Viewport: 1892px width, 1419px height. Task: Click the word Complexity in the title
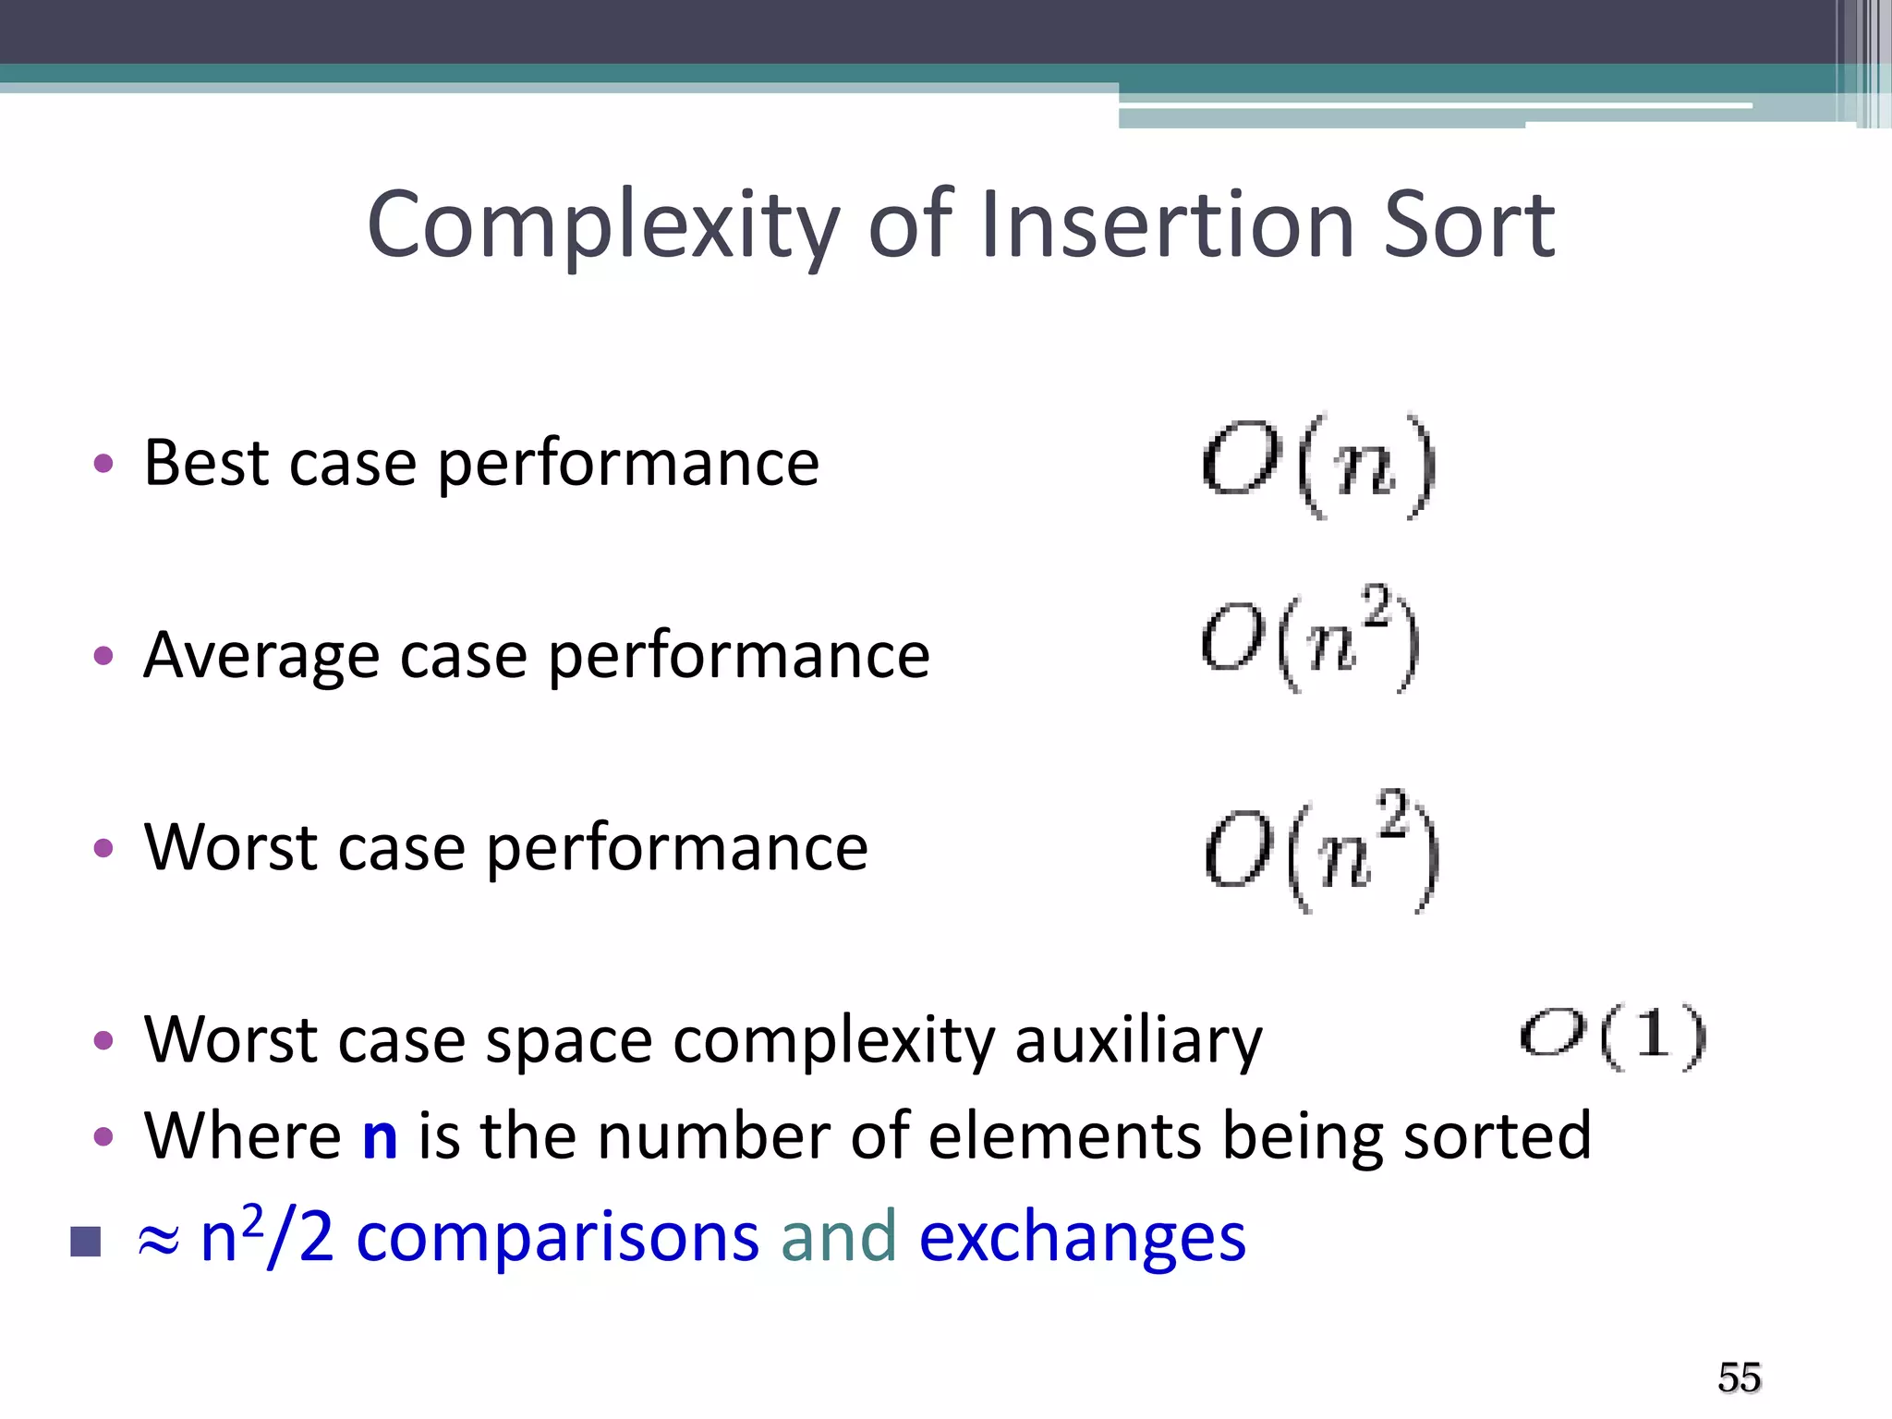(602, 225)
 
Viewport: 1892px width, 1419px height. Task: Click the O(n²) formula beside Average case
(1310, 638)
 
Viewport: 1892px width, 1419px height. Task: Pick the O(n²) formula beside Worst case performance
(1322, 851)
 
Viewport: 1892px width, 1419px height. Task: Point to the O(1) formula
(1613, 1037)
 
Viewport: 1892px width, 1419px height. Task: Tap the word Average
(261, 656)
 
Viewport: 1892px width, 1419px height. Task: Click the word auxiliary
(1138, 1041)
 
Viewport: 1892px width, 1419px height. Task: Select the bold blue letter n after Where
(380, 1137)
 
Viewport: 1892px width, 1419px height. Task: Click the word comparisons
(557, 1238)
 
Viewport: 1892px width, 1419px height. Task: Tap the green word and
(838, 1236)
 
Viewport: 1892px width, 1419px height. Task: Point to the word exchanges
(1082, 1238)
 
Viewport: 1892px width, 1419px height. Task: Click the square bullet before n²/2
(85, 1242)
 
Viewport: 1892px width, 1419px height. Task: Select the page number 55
(1739, 1377)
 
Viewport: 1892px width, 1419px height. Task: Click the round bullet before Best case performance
(103, 463)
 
